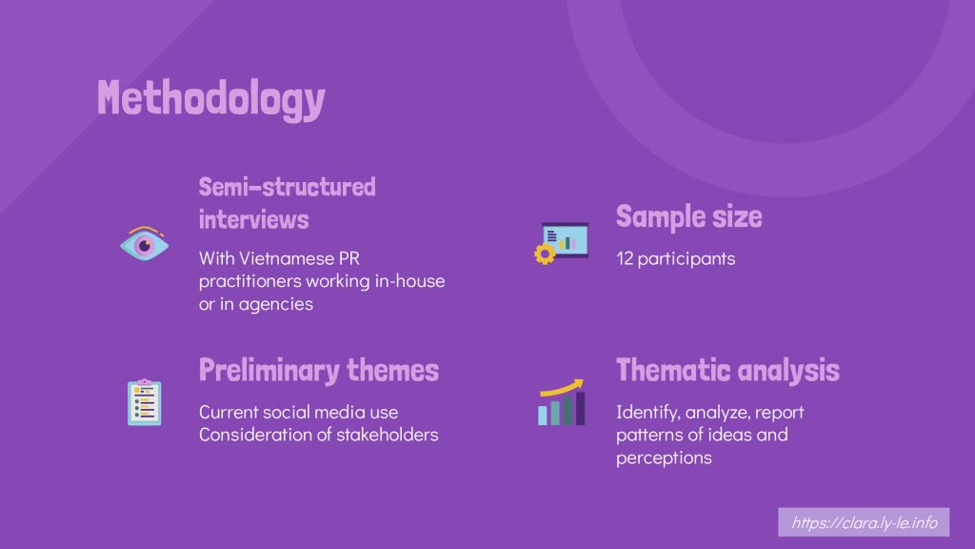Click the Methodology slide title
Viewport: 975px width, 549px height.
(x=210, y=98)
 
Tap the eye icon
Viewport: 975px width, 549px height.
(x=145, y=243)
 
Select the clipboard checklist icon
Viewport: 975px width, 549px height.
(x=145, y=402)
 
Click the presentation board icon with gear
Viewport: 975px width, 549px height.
(x=561, y=243)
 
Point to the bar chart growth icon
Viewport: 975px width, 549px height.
(x=562, y=402)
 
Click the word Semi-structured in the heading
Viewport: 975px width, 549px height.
(x=288, y=187)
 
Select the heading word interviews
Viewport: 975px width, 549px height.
(x=253, y=219)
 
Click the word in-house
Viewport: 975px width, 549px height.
(x=409, y=281)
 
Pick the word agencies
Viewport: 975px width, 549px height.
(x=276, y=304)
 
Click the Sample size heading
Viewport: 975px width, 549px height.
(x=689, y=216)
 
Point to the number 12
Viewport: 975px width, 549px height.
(x=625, y=258)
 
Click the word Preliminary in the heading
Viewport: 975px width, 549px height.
(x=269, y=371)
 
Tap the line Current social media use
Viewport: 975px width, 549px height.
(x=298, y=412)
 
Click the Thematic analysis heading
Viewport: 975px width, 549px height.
(x=727, y=371)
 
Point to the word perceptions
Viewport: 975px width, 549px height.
(x=664, y=458)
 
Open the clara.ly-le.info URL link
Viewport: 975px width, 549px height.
(x=864, y=522)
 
